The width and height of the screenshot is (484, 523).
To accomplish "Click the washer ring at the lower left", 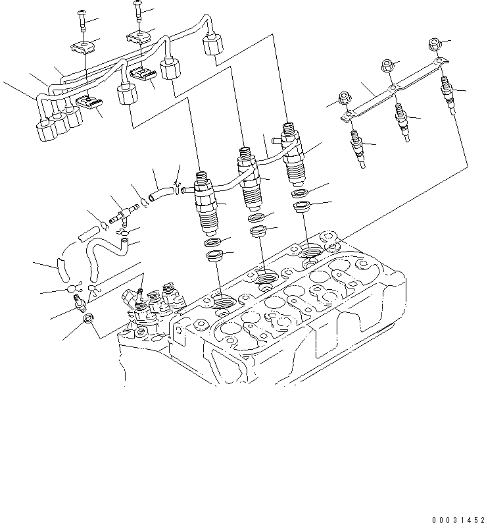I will click(86, 321).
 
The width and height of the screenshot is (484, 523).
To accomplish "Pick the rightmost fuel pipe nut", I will click(212, 46).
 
